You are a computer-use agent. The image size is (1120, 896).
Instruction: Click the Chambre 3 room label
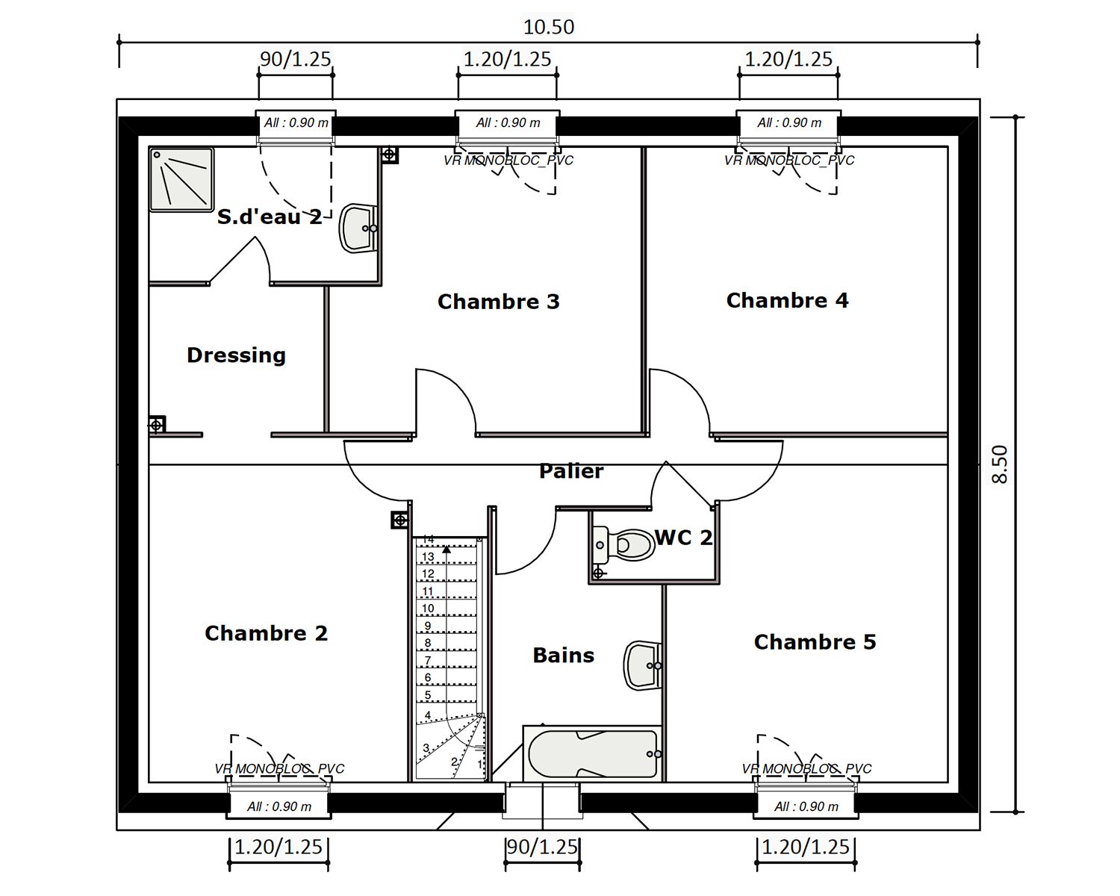click(498, 302)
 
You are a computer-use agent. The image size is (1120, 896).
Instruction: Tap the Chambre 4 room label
click(787, 300)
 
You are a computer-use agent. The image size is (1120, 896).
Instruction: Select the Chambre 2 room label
click(266, 633)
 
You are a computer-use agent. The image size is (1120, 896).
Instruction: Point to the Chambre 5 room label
click(815, 642)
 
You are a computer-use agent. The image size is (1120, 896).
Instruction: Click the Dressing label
click(236, 355)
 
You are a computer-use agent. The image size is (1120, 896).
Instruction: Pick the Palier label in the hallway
click(571, 471)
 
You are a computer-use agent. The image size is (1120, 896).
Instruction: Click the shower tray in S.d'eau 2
click(181, 179)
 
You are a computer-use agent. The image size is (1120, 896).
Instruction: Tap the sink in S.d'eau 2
click(358, 228)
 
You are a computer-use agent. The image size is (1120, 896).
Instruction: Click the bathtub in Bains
click(593, 753)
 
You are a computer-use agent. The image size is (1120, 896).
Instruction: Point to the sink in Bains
click(641, 665)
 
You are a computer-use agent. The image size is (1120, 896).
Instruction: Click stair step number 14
click(429, 539)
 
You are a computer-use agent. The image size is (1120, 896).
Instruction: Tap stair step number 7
click(428, 661)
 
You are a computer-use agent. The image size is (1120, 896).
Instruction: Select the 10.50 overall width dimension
click(548, 27)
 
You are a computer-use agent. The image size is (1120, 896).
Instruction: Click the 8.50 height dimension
click(1000, 464)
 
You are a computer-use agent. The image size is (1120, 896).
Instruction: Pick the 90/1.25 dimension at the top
click(295, 59)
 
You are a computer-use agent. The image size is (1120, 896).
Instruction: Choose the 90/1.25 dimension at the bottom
click(542, 847)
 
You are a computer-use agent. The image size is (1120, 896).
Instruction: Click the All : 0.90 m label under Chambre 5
click(806, 806)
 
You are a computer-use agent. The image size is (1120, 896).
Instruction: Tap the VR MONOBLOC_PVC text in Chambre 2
click(279, 768)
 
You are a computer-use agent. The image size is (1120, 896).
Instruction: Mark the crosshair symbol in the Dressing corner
click(156, 426)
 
